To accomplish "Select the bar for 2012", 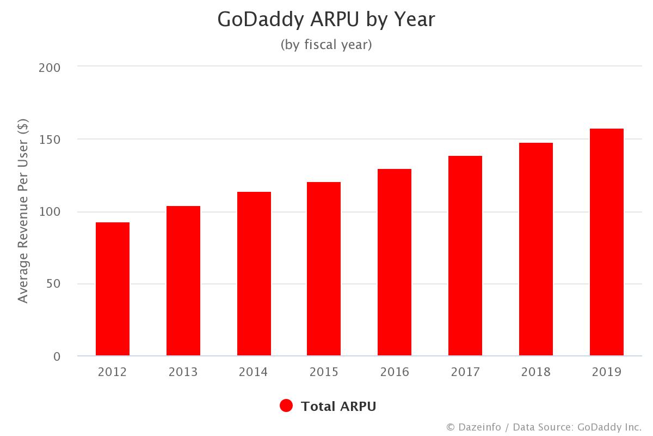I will pyautogui.click(x=113, y=289).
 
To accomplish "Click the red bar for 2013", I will pyautogui.click(x=183, y=281).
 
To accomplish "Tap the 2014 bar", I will pyautogui.click(x=254, y=274).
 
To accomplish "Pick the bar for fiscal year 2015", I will pyautogui.click(x=324, y=269).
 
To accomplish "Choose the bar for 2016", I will pyautogui.click(x=395, y=262).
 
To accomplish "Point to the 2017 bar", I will pyautogui.click(x=465, y=256).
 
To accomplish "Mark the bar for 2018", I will pyautogui.click(x=536, y=249).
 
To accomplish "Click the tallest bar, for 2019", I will pyautogui.click(x=607, y=242).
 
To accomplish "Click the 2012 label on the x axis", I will pyautogui.click(x=113, y=372).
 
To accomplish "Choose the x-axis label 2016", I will pyautogui.click(x=395, y=372).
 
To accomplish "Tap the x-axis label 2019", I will pyautogui.click(x=607, y=372).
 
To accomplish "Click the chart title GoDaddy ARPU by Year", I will pyautogui.click(x=326, y=20).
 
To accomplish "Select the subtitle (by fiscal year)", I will pyautogui.click(x=326, y=45).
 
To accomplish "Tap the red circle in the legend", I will pyautogui.click(x=286, y=406).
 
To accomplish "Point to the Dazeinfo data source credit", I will pyautogui.click(x=544, y=427).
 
